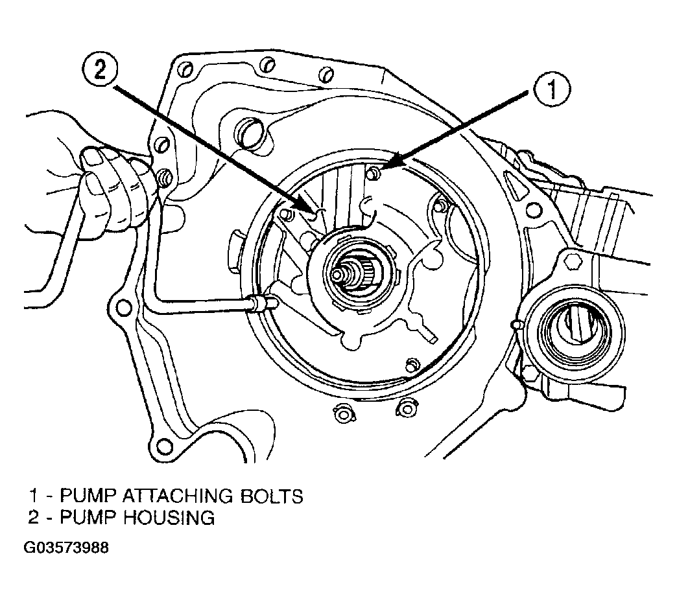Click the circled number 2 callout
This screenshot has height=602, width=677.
[x=100, y=71]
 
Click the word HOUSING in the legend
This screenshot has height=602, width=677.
[x=169, y=517]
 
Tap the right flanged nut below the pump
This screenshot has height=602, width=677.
[x=407, y=408]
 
